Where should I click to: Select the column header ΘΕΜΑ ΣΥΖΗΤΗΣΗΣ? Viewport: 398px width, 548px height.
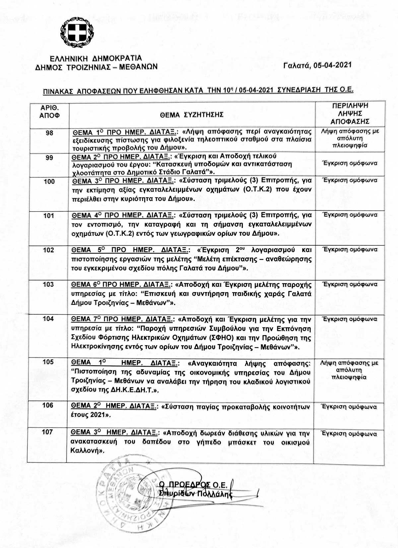pyautogui.click(x=191, y=115)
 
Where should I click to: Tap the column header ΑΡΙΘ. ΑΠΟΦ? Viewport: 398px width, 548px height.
pyautogui.click(x=49, y=111)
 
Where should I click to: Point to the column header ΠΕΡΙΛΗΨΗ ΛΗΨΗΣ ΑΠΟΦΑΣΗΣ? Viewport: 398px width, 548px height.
pyautogui.click(x=350, y=113)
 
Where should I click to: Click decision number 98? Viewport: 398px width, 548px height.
pyautogui.click(x=49, y=133)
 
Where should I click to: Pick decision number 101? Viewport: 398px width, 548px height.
pyautogui.click(x=49, y=216)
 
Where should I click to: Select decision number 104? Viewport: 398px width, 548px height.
pyautogui.click(x=48, y=319)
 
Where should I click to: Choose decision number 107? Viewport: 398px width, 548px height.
pyautogui.click(x=47, y=432)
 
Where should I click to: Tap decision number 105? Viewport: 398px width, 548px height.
pyautogui.click(x=48, y=362)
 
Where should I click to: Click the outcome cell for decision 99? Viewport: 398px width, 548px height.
pyautogui.click(x=350, y=163)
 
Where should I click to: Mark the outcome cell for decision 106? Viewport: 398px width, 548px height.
pyautogui.click(x=349, y=407)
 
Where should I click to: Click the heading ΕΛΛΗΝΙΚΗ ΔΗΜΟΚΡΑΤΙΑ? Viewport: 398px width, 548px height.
pyautogui.click(x=96, y=59)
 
